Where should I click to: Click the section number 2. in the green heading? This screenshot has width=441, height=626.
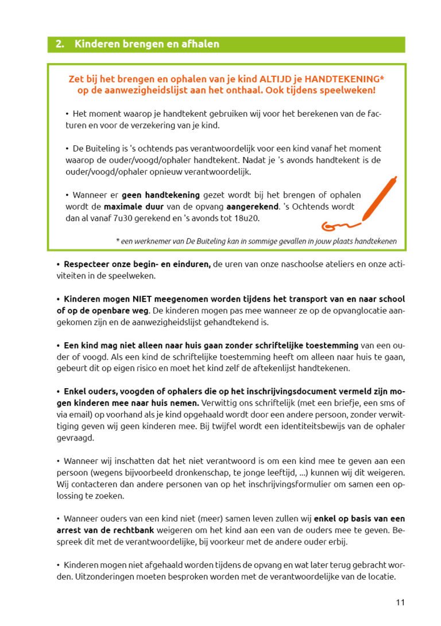pyautogui.click(x=59, y=44)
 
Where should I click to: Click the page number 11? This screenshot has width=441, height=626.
pyautogui.click(x=400, y=602)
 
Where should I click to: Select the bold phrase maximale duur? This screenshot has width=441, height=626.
pyautogui.click(x=133, y=206)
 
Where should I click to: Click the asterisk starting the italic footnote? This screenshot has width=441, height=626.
pyautogui.click(x=117, y=241)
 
